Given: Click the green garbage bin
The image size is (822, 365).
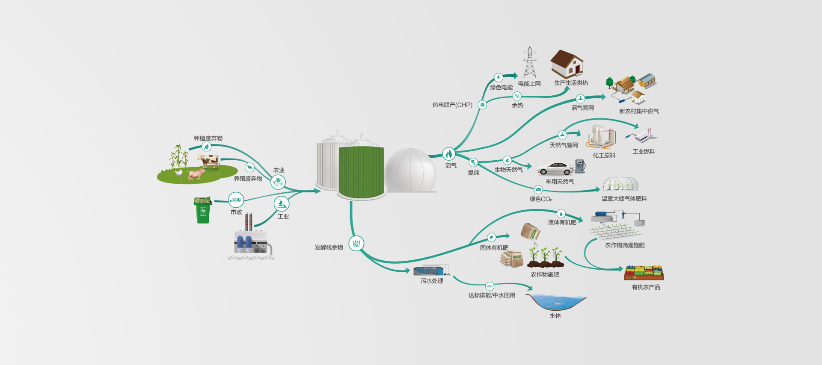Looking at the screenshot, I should click(x=203, y=210).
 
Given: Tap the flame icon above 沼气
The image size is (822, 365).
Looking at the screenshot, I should click(x=448, y=154).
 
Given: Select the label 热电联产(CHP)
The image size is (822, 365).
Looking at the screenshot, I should click(x=452, y=105).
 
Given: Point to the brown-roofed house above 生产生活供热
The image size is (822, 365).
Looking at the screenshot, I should click(x=567, y=64).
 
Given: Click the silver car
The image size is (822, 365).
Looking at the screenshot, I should click(x=555, y=169).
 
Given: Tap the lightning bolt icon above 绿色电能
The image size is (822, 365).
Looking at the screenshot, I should click(x=499, y=77).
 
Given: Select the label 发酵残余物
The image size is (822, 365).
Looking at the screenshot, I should click(x=329, y=247).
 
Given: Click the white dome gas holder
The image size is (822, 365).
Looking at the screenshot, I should click(x=410, y=170).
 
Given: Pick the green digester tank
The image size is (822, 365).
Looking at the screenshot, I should click(x=361, y=172).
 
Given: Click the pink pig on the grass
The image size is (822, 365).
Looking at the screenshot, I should click(x=196, y=174).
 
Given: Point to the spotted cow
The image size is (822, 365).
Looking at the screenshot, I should click(x=209, y=161).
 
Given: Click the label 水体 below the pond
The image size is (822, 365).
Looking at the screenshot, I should click(x=555, y=315).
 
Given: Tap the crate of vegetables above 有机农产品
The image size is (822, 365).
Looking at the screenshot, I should click(x=644, y=273).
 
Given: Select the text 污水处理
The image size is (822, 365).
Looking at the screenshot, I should click(x=432, y=281).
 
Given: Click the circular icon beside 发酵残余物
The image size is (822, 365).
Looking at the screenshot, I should click(x=356, y=244).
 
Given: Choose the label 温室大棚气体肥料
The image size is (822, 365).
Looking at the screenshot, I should click(x=624, y=198).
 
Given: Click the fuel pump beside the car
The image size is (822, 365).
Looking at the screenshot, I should click(x=580, y=166).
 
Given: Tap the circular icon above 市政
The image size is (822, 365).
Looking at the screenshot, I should click(x=236, y=200).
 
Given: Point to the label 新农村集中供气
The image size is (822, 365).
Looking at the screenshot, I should click(x=639, y=111).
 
